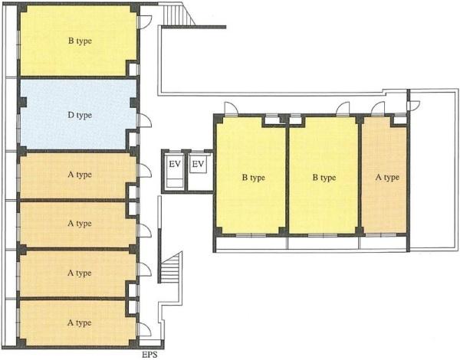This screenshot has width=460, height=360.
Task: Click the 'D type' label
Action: click(80, 115)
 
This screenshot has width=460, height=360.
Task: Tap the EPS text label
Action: click(149, 355)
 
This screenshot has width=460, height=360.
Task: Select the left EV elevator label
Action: click(175, 164)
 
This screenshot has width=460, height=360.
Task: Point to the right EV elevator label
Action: click(198, 164)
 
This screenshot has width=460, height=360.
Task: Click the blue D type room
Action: click(78, 114)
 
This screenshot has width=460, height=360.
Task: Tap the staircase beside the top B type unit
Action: click(179, 15)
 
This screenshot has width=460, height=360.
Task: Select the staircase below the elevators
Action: click(172, 268)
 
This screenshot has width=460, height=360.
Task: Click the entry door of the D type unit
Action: click(145, 121)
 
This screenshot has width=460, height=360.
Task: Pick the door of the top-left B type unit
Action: click(145, 22)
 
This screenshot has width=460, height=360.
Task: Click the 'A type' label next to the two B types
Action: click(387, 178)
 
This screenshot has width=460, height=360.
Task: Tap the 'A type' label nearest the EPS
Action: click(79, 323)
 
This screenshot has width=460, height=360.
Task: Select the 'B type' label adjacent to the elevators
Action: click(254, 178)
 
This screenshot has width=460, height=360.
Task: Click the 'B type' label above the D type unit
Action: click(80, 41)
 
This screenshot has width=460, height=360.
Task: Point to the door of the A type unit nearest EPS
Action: click(145, 329)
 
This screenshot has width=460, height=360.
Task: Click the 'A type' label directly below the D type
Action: click(80, 175)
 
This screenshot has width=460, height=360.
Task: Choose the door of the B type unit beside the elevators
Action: click(232, 108)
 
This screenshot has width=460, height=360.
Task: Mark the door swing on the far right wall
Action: click(414, 105)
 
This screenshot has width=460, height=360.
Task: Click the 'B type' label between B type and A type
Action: click(324, 178)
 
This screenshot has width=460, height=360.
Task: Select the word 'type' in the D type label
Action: click(84, 116)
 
